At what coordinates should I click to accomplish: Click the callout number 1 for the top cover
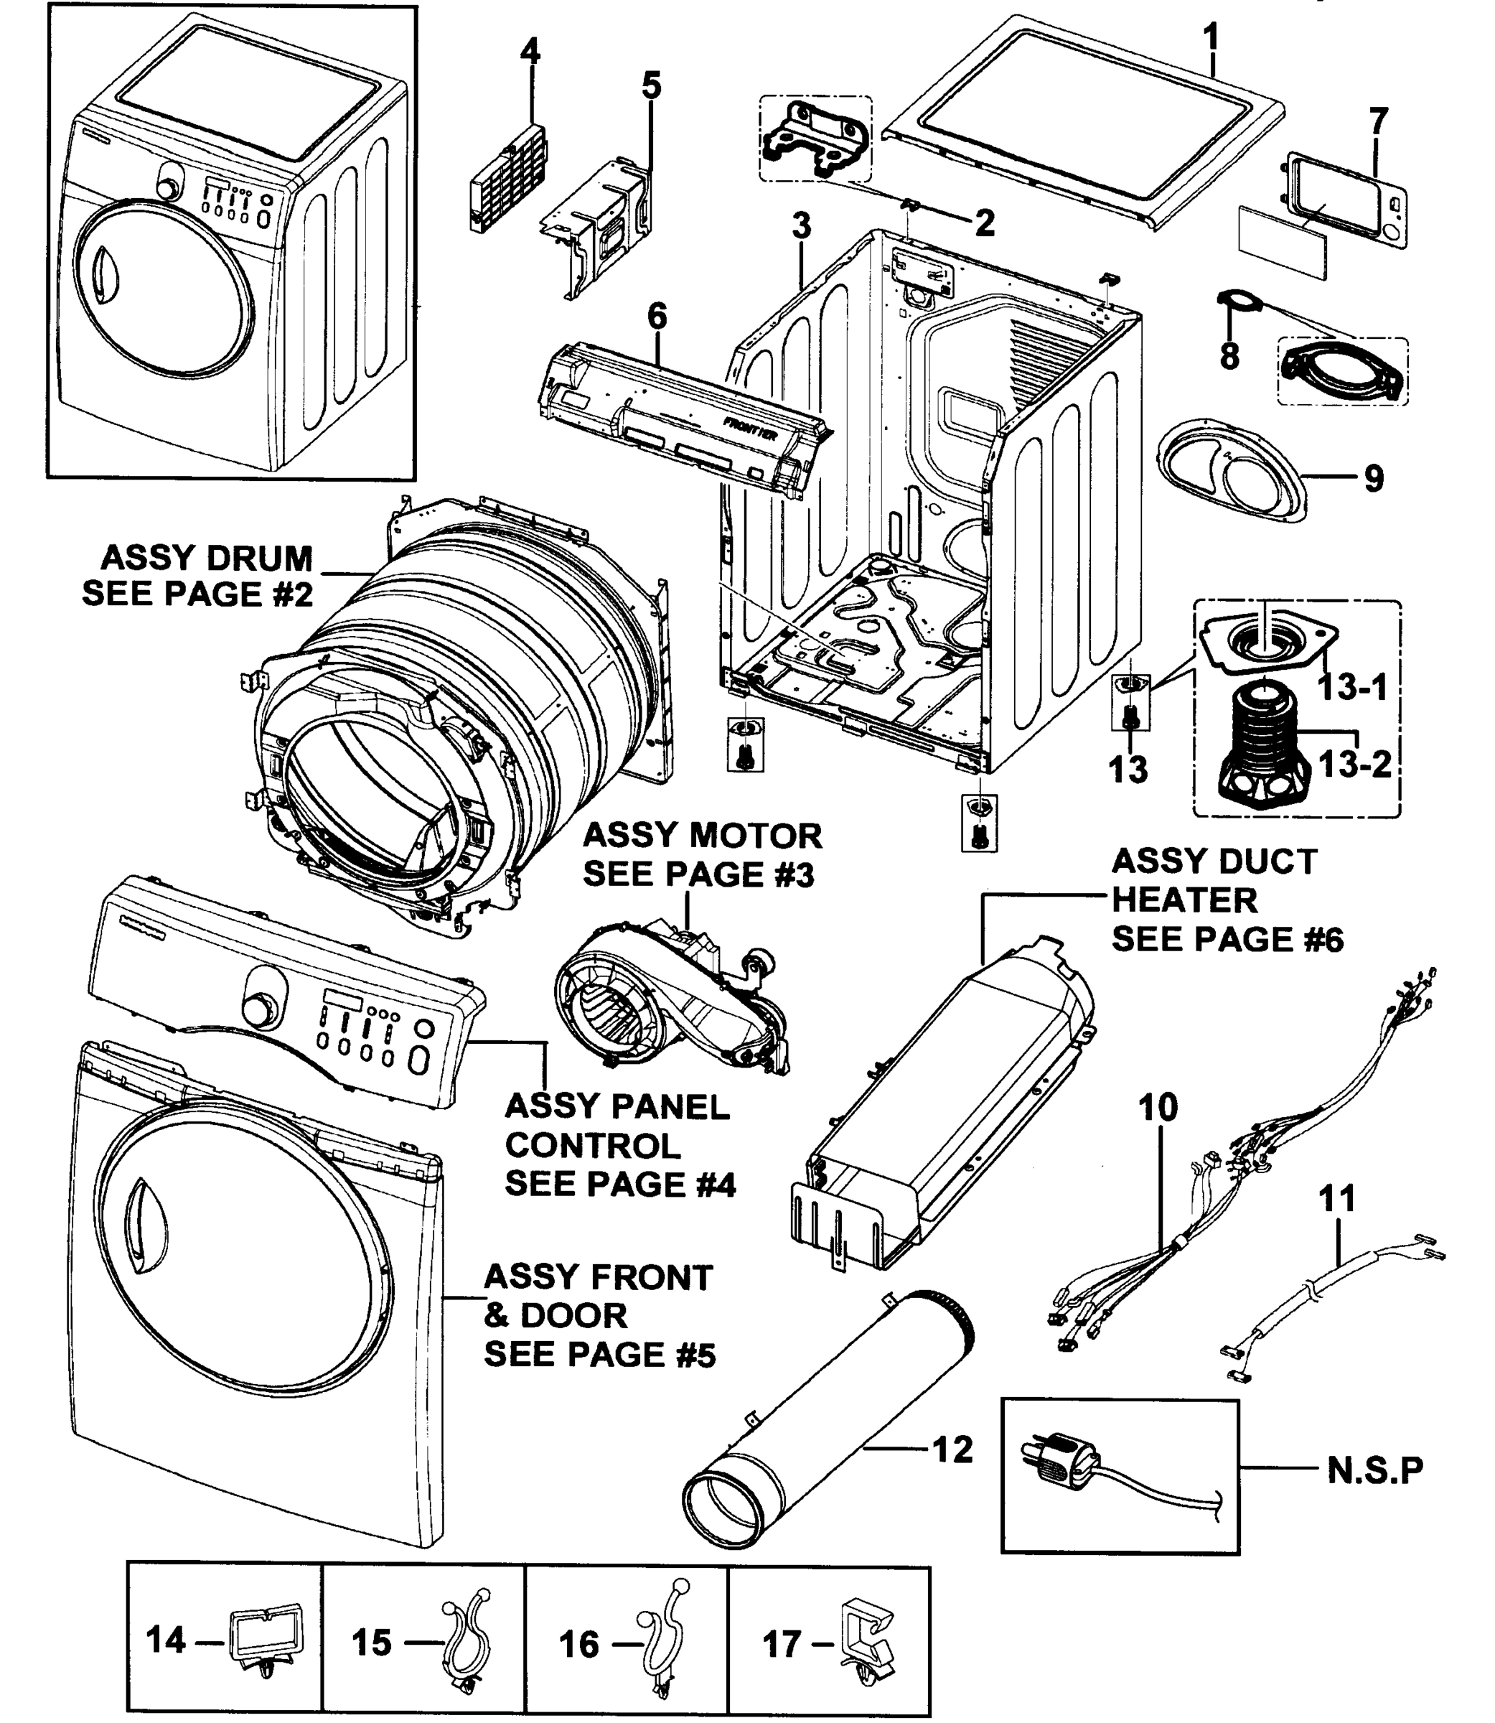(x=1212, y=38)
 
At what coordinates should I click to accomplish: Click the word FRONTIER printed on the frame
(x=751, y=430)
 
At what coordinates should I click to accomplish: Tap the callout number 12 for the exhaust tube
(x=952, y=1449)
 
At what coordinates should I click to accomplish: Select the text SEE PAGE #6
(x=1227, y=940)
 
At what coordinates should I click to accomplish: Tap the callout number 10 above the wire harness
(x=1158, y=1107)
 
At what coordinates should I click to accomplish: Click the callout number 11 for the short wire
(x=1336, y=1199)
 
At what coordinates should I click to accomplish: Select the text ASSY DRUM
(x=206, y=557)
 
